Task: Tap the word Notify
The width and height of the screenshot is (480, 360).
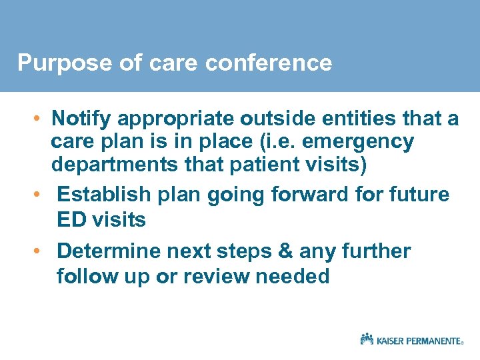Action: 81,119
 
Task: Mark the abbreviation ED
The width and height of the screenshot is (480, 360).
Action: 71,219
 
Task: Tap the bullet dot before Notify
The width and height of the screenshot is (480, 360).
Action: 41,119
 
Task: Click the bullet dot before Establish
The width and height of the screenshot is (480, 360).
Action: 41,195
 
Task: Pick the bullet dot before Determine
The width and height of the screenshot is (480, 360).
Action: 41,251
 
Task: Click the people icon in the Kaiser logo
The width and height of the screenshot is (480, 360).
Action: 367,339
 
